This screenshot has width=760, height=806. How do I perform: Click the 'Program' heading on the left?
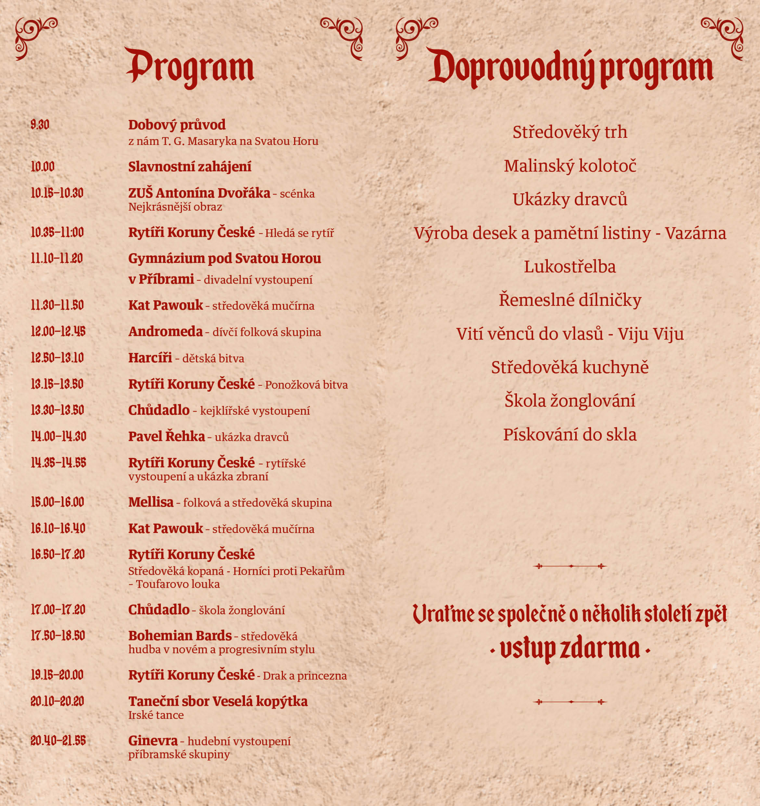(x=190, y=67)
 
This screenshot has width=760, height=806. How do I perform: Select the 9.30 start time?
(x=40, y=124)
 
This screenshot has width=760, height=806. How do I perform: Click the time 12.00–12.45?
(x=58, y=332)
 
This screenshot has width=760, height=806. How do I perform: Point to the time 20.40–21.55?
(x=58, y=741)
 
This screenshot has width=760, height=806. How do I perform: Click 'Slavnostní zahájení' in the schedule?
(x=190, y=167)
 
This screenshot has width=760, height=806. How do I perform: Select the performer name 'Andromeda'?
(x=165, y=332)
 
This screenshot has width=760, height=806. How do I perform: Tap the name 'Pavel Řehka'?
(x=167, y=436)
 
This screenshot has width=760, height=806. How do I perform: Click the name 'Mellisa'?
(x=151, y=502)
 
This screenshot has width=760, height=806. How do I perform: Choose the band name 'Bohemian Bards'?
(x=180, y=635)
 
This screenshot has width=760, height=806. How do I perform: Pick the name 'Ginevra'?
(x=153, y=741)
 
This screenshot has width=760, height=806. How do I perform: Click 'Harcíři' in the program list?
(x=150, y=358)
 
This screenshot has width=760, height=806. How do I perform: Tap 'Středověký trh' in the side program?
(x=570, y=132)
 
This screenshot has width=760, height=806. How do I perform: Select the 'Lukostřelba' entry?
(x=570, y=267)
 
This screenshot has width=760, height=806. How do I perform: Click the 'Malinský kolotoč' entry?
(x=570, y=166)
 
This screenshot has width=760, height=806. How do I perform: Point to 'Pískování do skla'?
(x=570, y=434)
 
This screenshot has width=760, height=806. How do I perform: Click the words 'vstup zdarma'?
(x=570, y=649)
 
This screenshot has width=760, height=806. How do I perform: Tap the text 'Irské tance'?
(x=156, y=715)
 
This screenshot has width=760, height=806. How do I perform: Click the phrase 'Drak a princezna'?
(x=305, y=676)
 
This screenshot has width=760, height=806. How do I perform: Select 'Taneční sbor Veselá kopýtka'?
(x=218, y=701)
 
